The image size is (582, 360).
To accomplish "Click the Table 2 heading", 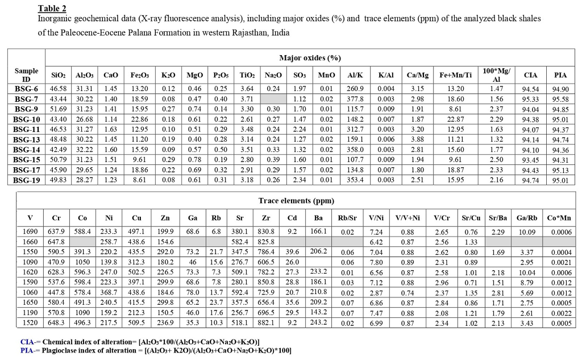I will click(52, 8).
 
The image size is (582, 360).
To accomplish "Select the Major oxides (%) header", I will click(310, 58).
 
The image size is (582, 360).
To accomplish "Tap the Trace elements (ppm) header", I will click(296, 200).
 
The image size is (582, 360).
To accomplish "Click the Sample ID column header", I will click(26, 75).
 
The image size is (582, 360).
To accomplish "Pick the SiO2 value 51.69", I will click(59, 109).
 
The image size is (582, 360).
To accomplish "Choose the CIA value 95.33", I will click(530, 98).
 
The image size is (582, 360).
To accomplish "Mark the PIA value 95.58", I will click(560, 98).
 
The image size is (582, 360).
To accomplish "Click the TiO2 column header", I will click(247, 75).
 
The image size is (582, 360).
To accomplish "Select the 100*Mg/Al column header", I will click(496, 75).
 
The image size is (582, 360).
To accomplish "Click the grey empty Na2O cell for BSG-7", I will click(273, 98).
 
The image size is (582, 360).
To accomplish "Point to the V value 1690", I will click(30, 231).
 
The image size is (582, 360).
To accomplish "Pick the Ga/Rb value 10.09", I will click(527, 232).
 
